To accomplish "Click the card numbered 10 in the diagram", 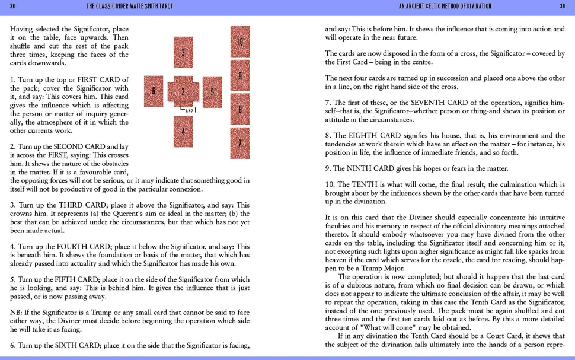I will [239, 42].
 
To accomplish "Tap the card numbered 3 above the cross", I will [184, 52].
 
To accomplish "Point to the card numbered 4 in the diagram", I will [184, 131].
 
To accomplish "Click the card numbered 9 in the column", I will [239, 75].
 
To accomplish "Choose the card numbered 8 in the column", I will [239, 109].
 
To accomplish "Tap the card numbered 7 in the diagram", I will [239, 143].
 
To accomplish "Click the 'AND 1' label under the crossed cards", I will [190, 110].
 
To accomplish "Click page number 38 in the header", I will [12, 6].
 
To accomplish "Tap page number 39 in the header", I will [562, 6].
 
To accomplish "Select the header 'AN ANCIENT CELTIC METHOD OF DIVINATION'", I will [445, 6].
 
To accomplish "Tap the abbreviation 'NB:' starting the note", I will [17, 313].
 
